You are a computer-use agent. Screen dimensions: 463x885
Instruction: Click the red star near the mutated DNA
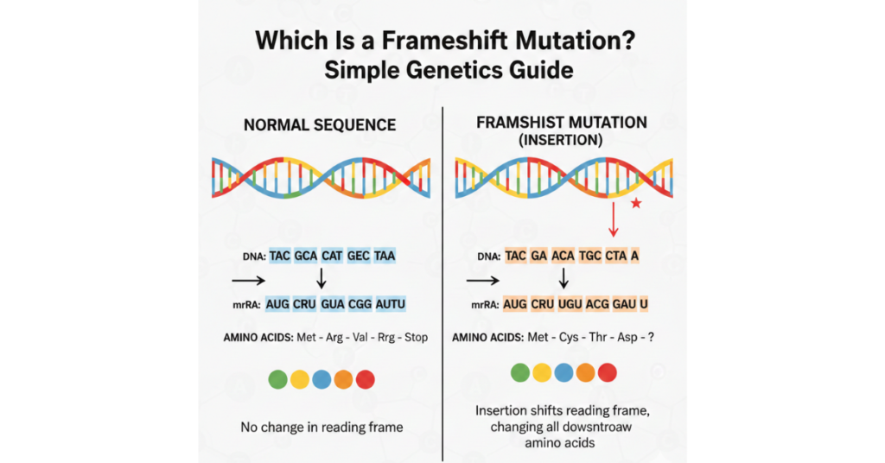pyautogui.click(x=636, y=203)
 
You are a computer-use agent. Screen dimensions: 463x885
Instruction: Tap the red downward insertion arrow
pyautogui.click(x=614, y=221)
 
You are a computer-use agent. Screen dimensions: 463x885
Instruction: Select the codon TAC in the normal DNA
pyautogui.click(x=280, y=256)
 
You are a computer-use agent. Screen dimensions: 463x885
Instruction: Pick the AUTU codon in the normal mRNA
pyautogui.click(x=390, y=304)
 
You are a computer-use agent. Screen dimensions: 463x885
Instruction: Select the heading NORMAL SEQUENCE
pyautogui.click(x=320, y=125)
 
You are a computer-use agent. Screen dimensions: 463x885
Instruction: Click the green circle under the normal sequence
pyautogui.click(x=277, y=378)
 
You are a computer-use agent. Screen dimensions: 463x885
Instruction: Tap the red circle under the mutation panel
pyautogui.click(x=608, y=372)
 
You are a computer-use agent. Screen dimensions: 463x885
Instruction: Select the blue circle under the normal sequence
pyautogui.click(x=322, y=378)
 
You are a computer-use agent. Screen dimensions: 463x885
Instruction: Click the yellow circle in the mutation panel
pyautogui.click(x=542, y=372)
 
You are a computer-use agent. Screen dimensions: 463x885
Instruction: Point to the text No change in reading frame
pyautogui.click(x=321, y=426)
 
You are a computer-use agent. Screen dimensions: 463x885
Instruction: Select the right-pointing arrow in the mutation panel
pyautogui.click(x=482, y=280)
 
